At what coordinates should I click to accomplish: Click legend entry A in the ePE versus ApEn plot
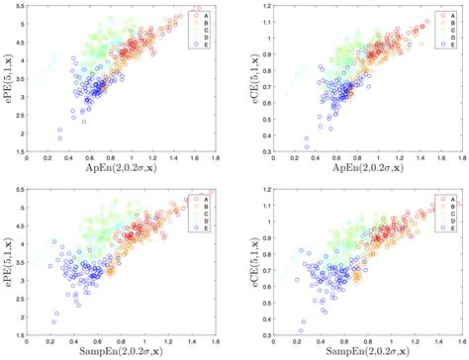point(202,17)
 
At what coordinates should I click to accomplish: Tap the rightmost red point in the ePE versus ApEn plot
point(209,11)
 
